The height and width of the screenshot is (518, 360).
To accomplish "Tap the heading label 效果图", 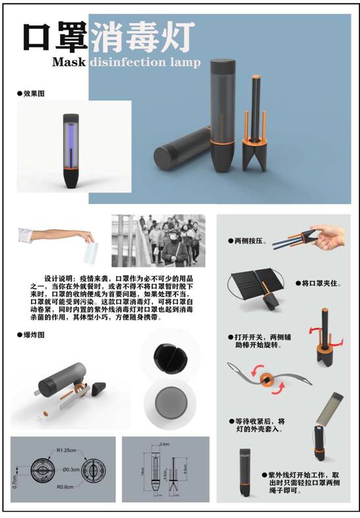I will [x=34, y=94].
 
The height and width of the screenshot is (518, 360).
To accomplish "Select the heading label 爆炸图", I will [x=34, y=335].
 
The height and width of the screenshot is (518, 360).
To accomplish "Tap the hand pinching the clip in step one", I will [x=330, y=235].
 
